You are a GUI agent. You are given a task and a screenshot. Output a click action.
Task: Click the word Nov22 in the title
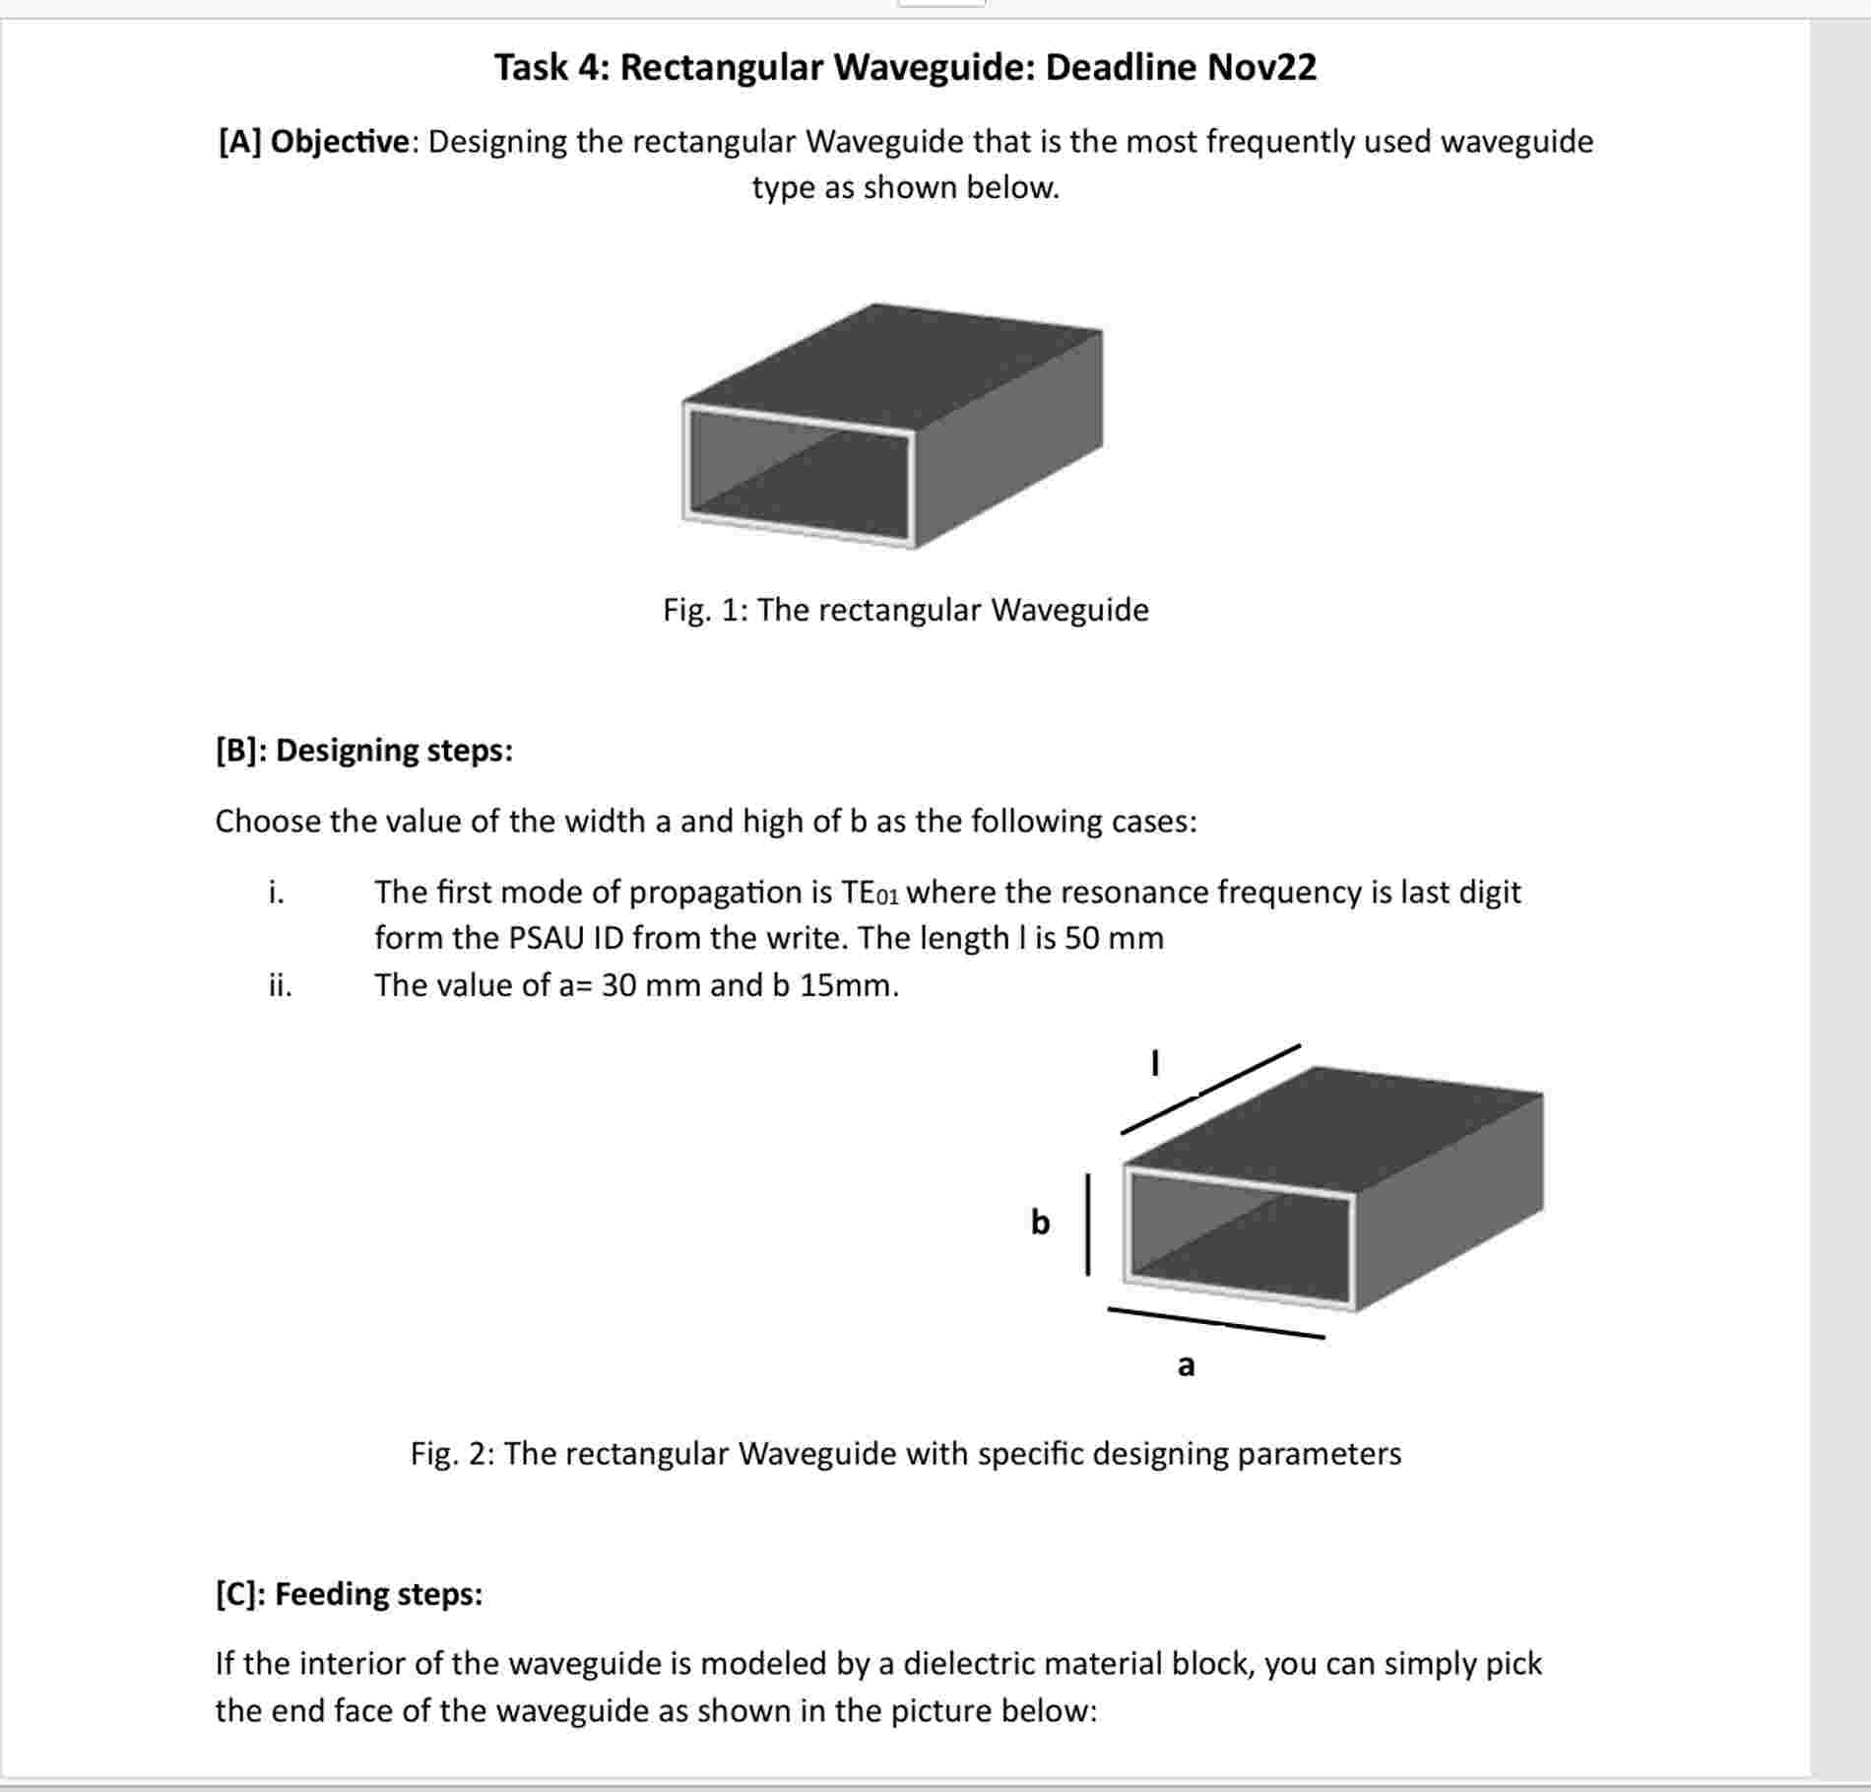[x=1261, y=67]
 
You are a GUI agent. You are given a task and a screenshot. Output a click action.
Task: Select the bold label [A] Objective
[x=312, y=142]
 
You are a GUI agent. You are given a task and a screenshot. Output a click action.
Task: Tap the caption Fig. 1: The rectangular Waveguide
[x=905, y=610]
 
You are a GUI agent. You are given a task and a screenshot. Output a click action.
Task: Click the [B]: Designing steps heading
[x=363, y=750]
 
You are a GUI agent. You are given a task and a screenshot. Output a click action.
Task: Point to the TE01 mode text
[x=870, y=893]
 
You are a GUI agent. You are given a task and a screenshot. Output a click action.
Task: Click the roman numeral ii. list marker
[x=280, y=985]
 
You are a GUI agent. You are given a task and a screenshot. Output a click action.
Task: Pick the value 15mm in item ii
[x=848, y=985]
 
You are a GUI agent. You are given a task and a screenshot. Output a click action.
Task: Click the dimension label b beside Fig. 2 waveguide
[x=1040, y=1223]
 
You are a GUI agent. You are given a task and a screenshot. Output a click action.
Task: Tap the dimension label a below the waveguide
[x=1186, y=1365]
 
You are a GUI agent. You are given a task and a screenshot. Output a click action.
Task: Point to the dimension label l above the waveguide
[x=1155, y=1064]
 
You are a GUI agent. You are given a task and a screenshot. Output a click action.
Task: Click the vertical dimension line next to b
[x=1087, y=1224]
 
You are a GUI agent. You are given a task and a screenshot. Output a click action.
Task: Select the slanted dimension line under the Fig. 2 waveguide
[x=1215, y=1323]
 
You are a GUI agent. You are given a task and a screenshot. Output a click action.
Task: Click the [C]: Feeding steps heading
[x=349, y=1593]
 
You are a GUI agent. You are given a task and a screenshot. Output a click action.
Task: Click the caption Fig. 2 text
[x=905, y=1453]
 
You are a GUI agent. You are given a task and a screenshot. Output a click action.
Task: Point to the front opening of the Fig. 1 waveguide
[x=798, y=476]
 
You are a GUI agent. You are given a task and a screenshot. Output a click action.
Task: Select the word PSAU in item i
[x=547, y=938]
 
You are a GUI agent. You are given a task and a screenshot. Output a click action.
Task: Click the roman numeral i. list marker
[x=277, y=893]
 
